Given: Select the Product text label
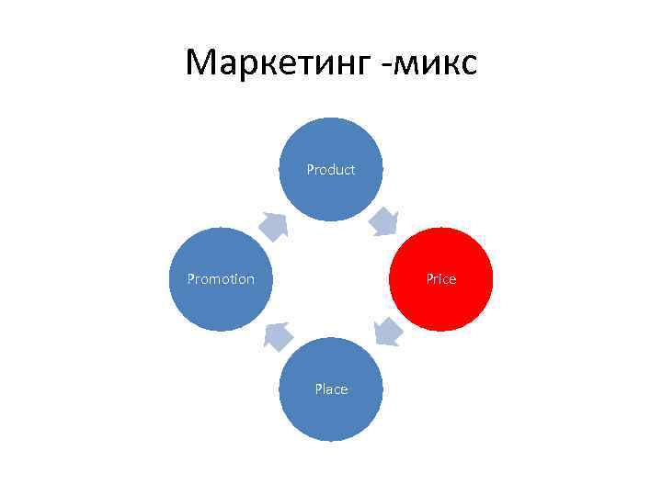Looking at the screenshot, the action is point(331,170).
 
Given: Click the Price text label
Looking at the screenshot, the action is point(441,279).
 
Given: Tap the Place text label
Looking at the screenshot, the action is point(331,389).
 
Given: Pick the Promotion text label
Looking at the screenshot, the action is point(221,279).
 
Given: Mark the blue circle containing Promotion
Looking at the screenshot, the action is point(221,303).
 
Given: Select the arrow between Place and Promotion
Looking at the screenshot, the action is point(276,336).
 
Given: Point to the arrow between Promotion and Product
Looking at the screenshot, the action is point(273,225).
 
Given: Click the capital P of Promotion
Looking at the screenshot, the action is point(190,279).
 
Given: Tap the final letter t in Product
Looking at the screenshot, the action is point(353,170).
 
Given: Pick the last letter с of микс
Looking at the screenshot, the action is point(468,66).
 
